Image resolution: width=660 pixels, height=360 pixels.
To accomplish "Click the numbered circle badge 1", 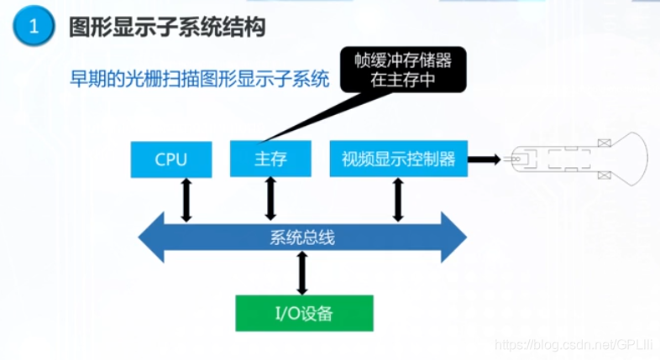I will [x=34, y=27].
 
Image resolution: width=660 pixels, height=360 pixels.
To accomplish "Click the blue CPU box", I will [x=171, y=159].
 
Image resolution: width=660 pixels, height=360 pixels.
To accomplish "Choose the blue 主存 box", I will [x=270, y=159].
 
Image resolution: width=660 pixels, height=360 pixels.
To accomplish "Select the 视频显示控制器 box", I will [x=398, y=159].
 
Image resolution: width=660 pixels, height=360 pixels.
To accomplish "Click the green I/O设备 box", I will [x=303, y=314].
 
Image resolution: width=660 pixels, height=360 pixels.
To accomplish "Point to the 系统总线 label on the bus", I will [x=302, y=237].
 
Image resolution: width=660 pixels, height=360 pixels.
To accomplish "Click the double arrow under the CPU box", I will [x=186, y=200].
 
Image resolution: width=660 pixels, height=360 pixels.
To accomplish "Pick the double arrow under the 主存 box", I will [x=270, y=200].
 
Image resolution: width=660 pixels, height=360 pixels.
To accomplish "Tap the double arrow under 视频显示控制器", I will [x=398, y=200].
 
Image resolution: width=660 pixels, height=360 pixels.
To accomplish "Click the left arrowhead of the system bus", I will [x=154, y=237].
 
